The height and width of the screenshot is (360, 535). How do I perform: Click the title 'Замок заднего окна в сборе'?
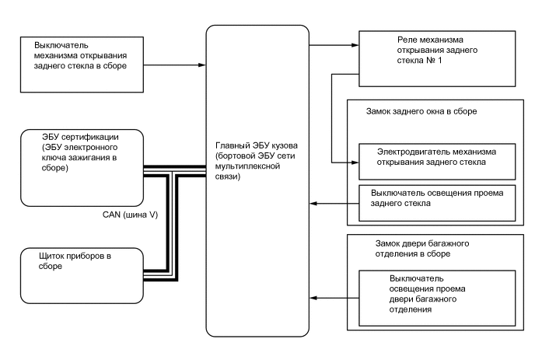coord(421,112)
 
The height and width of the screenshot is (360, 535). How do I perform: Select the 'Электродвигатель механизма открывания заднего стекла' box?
coord(438,156)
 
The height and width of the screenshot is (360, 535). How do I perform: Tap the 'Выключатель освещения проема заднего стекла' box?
coord(438,199)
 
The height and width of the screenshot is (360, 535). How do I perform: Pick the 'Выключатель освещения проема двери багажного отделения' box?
coord(438,292)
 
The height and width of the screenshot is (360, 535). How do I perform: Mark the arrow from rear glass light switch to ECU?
coord(334,204)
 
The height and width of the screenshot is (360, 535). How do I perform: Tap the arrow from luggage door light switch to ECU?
coord(334,296)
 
